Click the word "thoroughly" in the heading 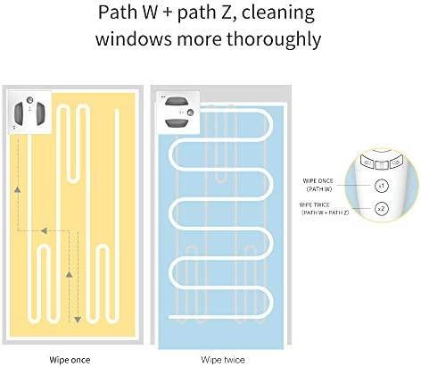pyautogui.click(x=274, y=39)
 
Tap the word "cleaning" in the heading pyautogui.click(x=277, y=13)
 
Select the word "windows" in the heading pyautogui.click(x=134, y=38)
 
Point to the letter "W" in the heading pyautogui.click(x=149, y=13)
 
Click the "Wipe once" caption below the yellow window pyautogui.click(x=70, y=360)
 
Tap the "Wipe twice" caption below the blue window pyautogui.click(x=223, y=360)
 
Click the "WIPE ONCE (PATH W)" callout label pyautogui.click(x=318, y=185)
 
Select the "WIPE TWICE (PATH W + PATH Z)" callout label pyautogui.click(x=324, y=209)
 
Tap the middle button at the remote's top pyautogui.click(x=381, y=164)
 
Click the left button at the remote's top pyautogui.click(x=367, y=163)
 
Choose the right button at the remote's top pyautogui.click(x=395, y=163)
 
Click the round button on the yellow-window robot pyautogui.click(x=29, y=100)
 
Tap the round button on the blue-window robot pyautogui.click(x=190, y=113)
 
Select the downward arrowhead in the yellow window pyautogui.click(x=78, y=320)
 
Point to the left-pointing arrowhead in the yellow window pyautogui.click(x=44, y=230)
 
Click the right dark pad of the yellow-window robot pyautogui.click(x=40, y=113)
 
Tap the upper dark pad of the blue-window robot pyautogui.click(x=177, y=101)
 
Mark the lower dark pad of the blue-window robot pyautogui.click(x=177, y=123)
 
